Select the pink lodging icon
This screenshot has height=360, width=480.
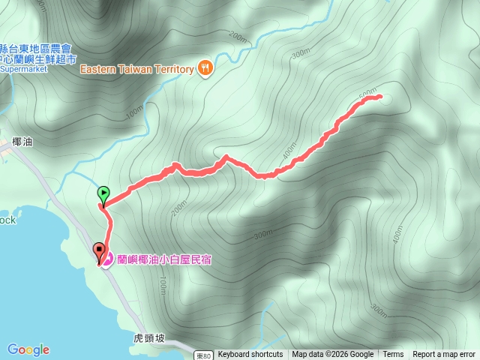click(x=109, y=259)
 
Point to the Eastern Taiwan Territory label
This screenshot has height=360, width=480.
click(x=138, y=69)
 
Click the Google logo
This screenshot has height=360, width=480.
click(x=28, y=349)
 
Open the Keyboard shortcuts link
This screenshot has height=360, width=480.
click(x=250, y=355)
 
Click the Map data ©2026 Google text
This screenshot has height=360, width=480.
click(x=332, y=355)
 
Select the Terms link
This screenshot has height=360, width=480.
click(x=393, y=355)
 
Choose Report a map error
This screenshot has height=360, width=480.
click(x=444, y=355)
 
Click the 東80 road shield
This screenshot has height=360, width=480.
click(x=202, y=354)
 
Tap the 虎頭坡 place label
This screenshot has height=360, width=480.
click(x=148, y=337)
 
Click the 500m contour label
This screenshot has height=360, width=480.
click(x=367, y=93)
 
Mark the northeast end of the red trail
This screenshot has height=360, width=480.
click(x=380, y=96)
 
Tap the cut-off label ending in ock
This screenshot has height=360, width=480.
click(x=7, y=220)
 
